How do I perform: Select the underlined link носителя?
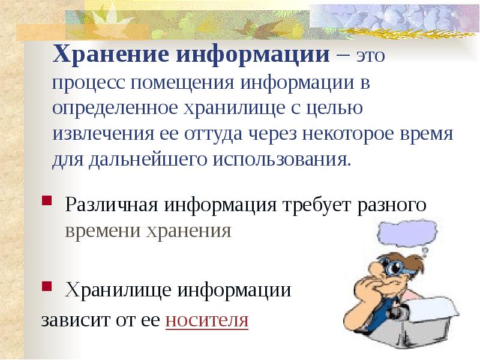coord(206,319)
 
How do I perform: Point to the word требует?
coord(314,205)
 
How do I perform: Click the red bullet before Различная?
coord(47,199)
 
